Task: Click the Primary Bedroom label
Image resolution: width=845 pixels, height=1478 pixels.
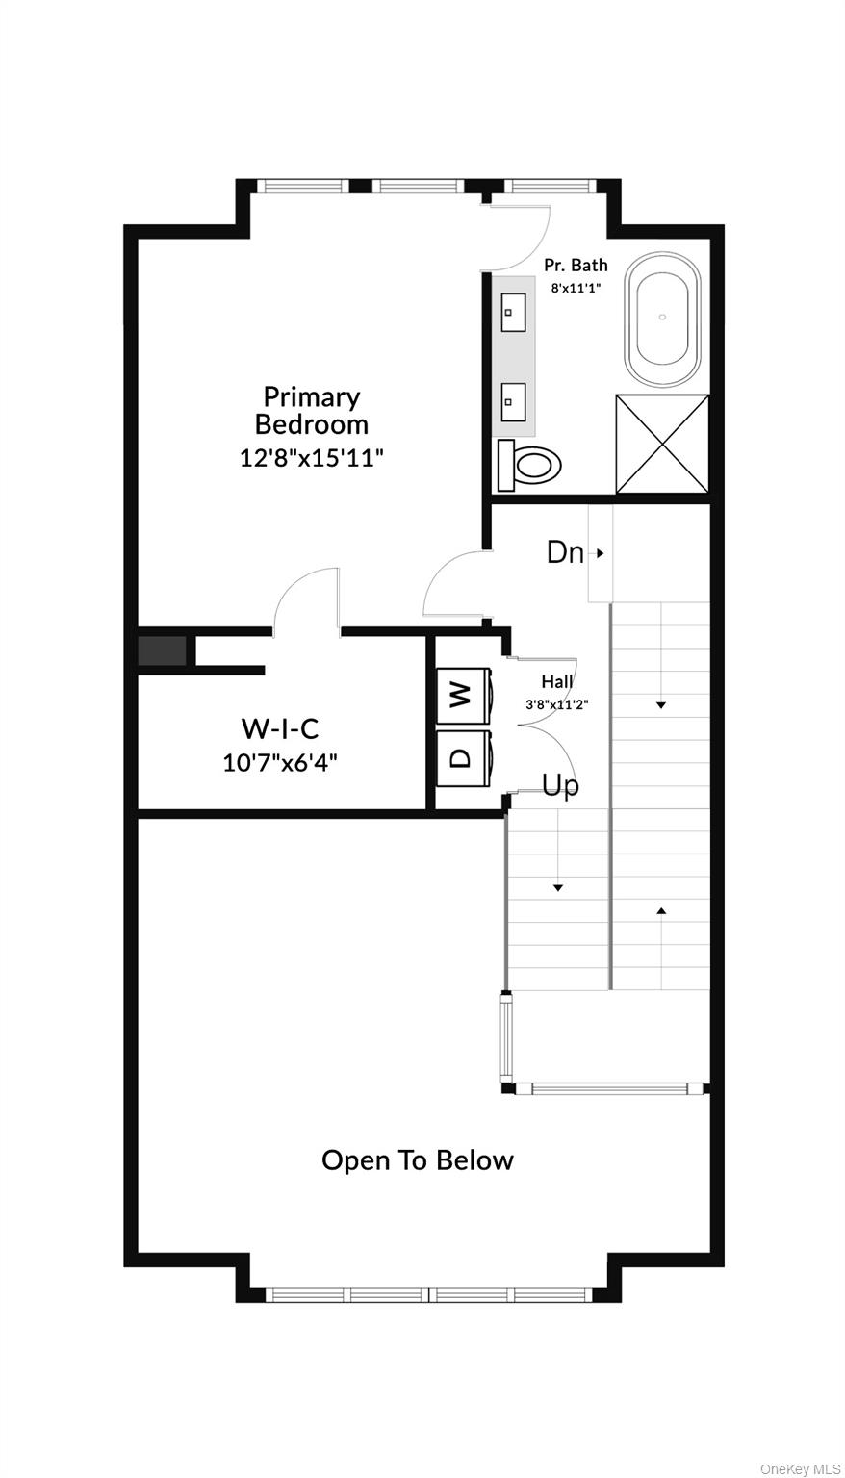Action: pyautogui.click(x=311, y=410)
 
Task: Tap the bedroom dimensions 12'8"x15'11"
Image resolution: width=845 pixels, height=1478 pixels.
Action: pyautogui.click(x=311, y=458)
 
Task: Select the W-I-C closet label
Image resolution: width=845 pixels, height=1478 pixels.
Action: pyautogui.click(x=279, y=728)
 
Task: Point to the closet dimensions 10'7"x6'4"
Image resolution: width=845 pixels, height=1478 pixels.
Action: pyautogui.click(x=279, y=763)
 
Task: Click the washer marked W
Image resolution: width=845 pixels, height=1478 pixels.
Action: pyautogui.click(x=461, y=694)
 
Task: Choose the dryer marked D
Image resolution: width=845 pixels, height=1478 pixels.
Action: pyautogui.click(x=461, y=756)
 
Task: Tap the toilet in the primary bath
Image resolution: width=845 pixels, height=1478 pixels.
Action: pyautogui.click(x=529, y=466)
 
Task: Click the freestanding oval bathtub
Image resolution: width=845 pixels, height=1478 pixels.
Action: pyautogui.click(x=662, y=319)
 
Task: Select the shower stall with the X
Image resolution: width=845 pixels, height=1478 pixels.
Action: pyautogui.click(x=661, y=444)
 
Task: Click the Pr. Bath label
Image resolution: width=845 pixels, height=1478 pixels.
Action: pyautogui.click(x=576, y=265)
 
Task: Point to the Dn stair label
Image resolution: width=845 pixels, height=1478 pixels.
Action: pyautogui.click(x=565, y=552)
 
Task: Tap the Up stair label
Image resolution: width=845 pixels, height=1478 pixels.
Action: pyautogui.click(x=560, y=786)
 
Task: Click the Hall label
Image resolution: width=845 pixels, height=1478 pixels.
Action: pyautogui.click(x=556, y=682)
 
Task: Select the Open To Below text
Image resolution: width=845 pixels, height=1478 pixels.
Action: pyautogui.click(x=417, y=1160)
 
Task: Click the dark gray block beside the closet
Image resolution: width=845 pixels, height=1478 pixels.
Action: pyautogui.click(x=162, y=651)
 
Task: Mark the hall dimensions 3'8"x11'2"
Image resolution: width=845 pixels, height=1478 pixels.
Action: pyautogui.click(x=556, y=704)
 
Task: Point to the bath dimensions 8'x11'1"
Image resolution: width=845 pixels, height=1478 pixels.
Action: pyautogui.click(x=576, y=288)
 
